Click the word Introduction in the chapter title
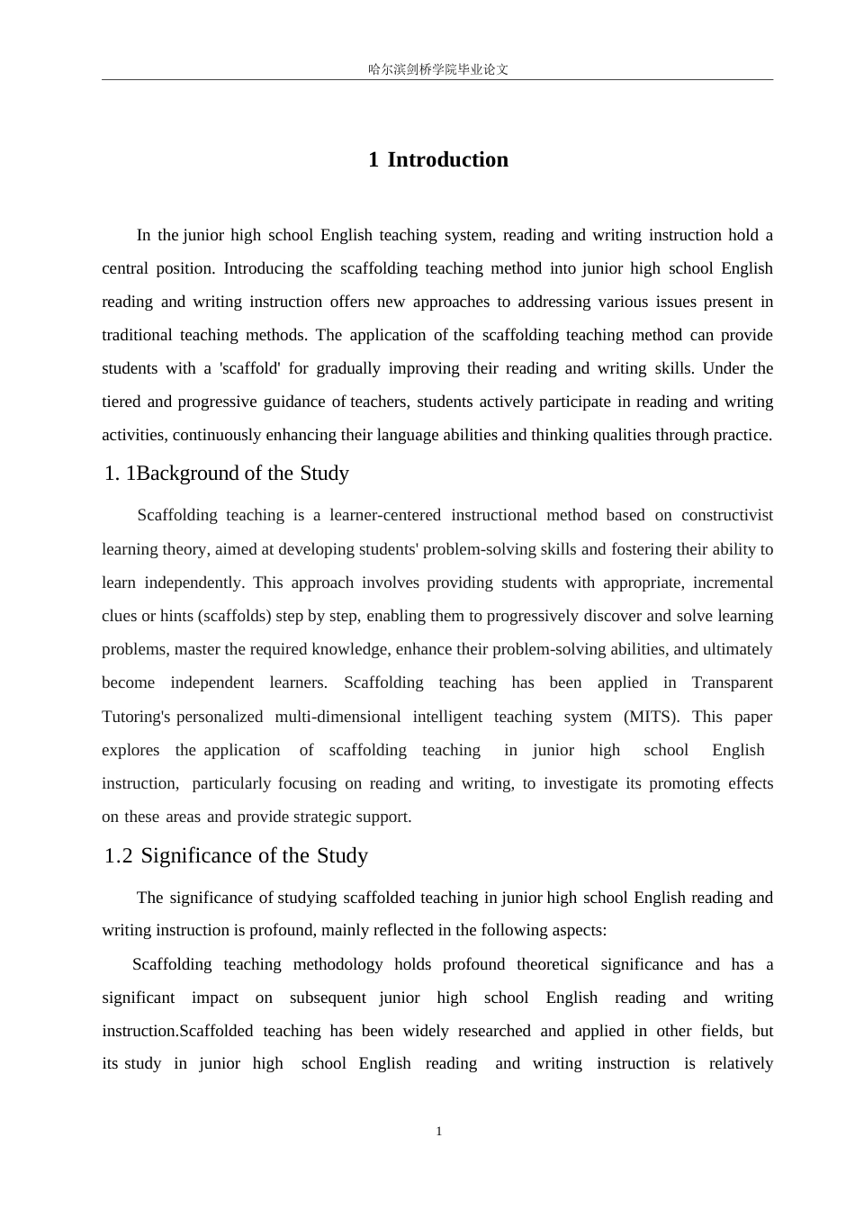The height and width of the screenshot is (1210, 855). (447, 160)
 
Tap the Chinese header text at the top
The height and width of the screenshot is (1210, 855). (438, 69)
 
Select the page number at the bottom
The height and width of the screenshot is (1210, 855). (438, 1132)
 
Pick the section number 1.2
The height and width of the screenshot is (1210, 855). (118, 855)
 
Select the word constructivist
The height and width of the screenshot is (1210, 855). (727, 515)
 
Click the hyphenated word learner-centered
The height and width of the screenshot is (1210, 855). (385, 515)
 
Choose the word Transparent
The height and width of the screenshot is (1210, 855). (732, 682)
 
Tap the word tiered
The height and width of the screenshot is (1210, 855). (121, 402)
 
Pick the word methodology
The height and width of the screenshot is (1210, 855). (337, 964)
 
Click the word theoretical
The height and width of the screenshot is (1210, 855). (553, 964)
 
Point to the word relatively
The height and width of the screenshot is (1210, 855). (741, 1063)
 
